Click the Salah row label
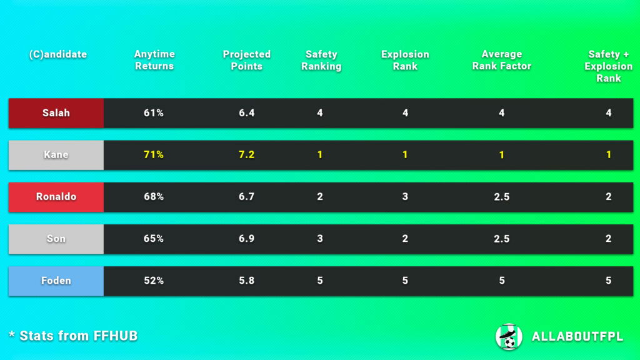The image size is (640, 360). (56, 113)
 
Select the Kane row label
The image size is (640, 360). (56, 155)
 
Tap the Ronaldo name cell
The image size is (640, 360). (56, 197)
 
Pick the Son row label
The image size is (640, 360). (56, 239)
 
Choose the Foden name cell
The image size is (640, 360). (56, 281)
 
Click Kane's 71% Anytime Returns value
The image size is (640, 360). (154, 155)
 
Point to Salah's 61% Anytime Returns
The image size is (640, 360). (154, 113)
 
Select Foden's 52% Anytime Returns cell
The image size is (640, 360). (154, 281)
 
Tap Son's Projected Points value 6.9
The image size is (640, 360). (247, 239)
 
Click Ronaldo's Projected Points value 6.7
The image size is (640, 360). (247, 197)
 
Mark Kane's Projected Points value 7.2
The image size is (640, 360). (247, 155)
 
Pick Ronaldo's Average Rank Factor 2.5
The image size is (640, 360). (501, 197)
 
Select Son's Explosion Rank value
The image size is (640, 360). (405, 239)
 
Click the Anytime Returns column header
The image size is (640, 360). (154, 60)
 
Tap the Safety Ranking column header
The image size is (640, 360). (321, 60)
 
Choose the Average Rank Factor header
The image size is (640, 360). (501, 60)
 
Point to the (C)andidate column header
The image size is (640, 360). (58, 54)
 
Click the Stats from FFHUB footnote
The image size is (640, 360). (73, 336)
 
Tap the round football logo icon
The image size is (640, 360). (509, 336)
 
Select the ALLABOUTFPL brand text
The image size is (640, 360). (577, 337)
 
